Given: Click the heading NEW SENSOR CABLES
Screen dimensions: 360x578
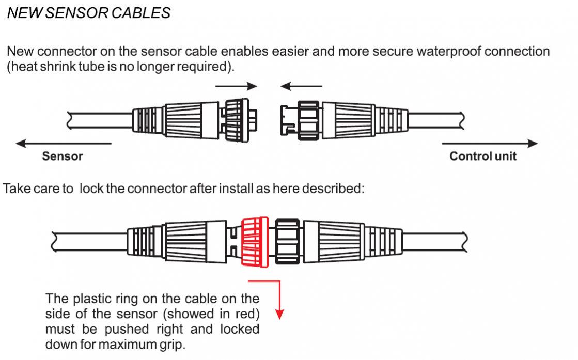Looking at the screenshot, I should coord(88,13).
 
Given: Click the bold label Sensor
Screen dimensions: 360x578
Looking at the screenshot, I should coord(62,156).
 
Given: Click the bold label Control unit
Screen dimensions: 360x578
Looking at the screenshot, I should coord(482,156).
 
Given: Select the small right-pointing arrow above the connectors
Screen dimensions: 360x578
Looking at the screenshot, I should coord(236,86).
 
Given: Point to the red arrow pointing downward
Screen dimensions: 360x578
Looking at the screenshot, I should coord(279,300).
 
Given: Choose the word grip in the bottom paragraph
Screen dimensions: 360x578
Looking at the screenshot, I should coord(171,344).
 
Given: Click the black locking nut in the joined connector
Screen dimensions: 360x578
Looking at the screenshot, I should coord(287,241).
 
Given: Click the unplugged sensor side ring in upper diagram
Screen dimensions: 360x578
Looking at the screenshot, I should coord(238,120).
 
